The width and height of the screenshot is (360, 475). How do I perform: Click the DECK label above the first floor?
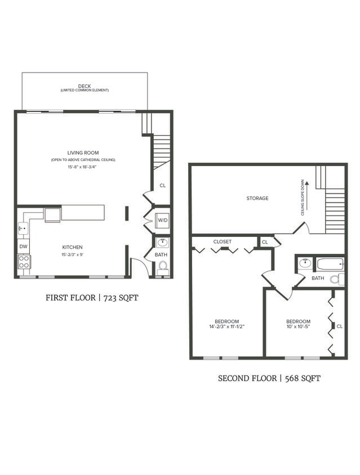tap(85, 86)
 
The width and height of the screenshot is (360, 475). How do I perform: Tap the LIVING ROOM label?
tap(83, 153)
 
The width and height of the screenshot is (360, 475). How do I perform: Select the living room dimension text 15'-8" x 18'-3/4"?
tap(83, 167)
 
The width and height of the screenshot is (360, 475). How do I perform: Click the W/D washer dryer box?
tap(162, 220)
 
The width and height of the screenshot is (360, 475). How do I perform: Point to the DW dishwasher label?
tap(24, 247)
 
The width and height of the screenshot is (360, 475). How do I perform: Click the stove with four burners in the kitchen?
tap(24, 261)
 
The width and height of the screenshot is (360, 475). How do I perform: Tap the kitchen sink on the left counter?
tap(23, 228)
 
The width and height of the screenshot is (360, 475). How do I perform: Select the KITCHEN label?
tap(72, 247)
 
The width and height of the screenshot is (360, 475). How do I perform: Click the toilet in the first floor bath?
tap(163, 266)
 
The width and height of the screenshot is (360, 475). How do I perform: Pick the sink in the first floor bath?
tap(162, 243)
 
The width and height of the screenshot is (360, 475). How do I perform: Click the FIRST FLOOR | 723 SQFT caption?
tap(92, 298)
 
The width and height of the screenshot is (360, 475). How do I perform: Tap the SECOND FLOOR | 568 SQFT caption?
tap(269, 378)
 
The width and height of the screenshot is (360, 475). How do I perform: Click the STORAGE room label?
tap(257, 198)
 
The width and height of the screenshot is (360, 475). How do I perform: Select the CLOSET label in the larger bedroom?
tap(222, 241)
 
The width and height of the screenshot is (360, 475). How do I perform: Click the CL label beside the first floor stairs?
tap(162, 185)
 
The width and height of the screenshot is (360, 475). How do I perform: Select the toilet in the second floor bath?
tap(334, 279)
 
